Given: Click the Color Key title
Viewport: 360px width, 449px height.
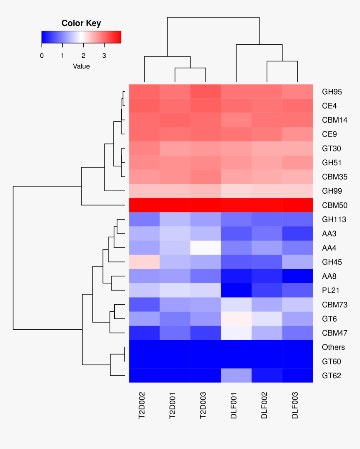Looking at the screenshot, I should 81,23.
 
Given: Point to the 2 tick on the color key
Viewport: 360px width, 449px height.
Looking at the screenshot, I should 83,56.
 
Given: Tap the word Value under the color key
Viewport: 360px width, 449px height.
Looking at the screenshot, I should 81,66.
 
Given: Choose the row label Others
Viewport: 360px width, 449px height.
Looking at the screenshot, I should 333,347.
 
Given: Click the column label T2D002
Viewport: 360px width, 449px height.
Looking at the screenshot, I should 143,405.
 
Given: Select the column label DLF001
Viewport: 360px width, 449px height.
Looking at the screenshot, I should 234,405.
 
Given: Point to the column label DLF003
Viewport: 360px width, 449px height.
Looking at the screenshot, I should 296,405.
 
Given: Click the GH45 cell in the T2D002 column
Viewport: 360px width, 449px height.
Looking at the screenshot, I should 144,262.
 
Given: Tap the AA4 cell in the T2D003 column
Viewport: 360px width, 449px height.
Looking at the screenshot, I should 206,248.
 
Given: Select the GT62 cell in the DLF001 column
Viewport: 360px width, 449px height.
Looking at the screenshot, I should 236,375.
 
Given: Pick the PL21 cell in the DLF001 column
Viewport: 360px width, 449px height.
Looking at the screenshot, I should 236,290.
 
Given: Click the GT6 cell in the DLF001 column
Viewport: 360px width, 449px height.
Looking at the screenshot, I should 236,319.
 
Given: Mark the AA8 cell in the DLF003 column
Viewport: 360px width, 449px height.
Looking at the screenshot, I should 297,276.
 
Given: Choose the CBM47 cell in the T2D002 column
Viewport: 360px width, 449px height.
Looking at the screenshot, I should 144,333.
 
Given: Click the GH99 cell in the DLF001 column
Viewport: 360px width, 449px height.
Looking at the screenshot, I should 236,191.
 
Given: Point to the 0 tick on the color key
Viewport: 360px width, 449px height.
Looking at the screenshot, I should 41,56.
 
